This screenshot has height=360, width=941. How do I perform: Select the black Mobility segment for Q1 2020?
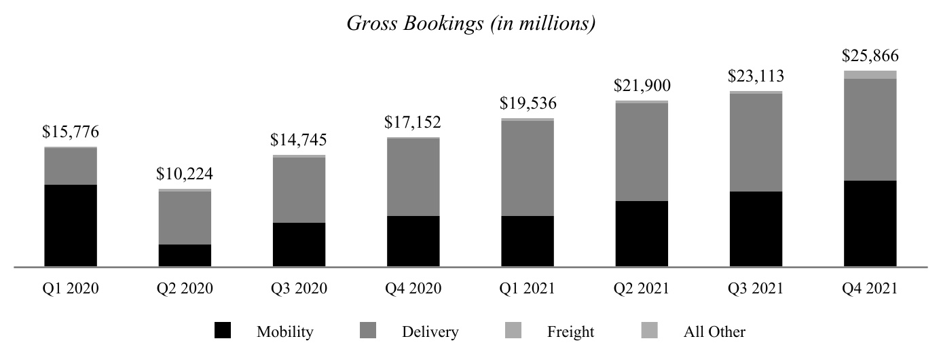71,226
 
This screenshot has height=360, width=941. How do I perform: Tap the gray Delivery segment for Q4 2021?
870,129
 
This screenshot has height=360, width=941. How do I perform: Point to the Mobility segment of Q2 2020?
185,255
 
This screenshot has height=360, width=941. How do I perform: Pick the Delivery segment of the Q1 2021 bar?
528,168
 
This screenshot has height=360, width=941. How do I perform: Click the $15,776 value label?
71,131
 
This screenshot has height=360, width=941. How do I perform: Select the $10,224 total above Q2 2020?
185,173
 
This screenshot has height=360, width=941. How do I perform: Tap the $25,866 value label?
870,55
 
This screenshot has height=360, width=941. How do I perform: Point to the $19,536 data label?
528,103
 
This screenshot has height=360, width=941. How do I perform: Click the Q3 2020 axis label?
299,289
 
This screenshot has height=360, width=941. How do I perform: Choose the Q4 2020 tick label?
413,289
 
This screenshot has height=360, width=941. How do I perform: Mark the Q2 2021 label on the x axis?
642,289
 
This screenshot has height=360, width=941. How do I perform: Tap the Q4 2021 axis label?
870,289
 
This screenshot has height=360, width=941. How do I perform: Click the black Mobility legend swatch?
222,331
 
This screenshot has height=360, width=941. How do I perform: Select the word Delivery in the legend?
430,332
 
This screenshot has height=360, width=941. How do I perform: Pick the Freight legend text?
570,332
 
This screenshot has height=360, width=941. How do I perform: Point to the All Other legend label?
714,332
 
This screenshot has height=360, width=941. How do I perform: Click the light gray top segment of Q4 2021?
870,75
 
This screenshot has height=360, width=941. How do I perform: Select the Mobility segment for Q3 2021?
756,229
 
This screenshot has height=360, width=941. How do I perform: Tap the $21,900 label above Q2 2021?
642,86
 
